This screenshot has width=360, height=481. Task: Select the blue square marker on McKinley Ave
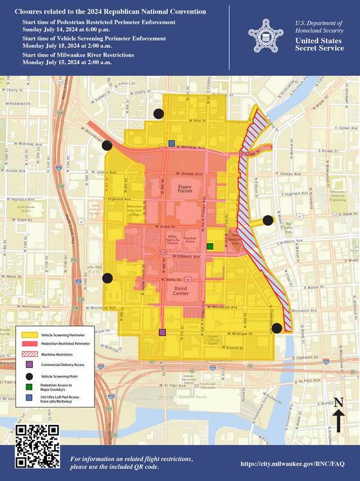[x=171, y=143]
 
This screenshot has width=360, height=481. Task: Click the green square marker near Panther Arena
[x=210, y=246]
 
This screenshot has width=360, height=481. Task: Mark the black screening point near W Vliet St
[x=158, y=114]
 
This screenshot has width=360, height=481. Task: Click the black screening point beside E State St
[x=268, y=220]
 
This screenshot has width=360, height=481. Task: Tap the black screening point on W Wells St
[x=107, y=278]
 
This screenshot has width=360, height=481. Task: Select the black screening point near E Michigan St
[x=276, y=328]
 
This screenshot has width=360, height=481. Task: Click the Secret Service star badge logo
[x=262, y=35]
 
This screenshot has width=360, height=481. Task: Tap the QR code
[x=37, y=447]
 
